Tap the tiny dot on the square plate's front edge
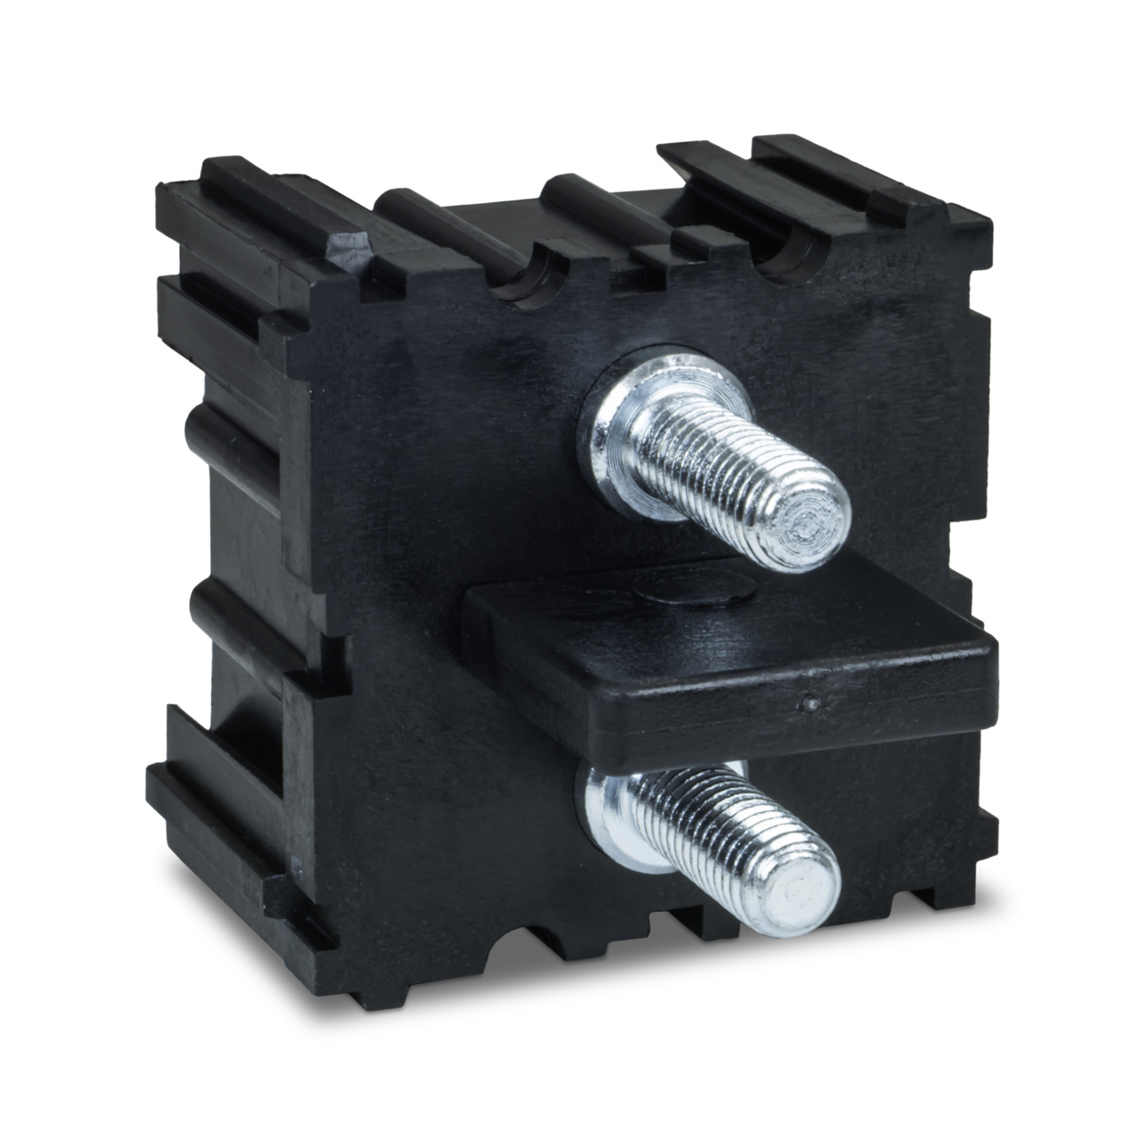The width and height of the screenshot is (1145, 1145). point(810,705)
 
